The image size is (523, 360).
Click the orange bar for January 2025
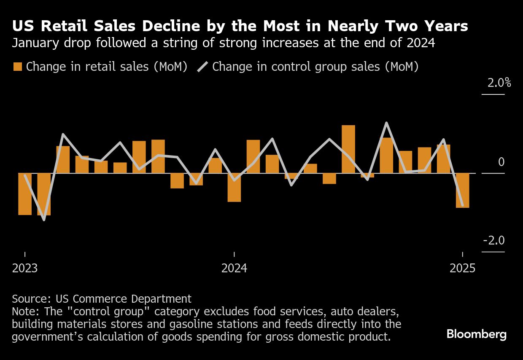462,190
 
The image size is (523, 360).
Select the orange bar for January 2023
25,194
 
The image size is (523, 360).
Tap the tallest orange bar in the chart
348,149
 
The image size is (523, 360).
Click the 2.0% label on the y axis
499,83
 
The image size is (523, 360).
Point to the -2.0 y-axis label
493,241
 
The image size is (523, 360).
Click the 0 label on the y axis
501,162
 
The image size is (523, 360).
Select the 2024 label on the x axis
234,268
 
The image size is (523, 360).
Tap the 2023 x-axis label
25,268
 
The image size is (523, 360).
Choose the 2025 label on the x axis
462,268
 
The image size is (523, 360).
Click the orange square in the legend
18,67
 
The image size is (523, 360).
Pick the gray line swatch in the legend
203,67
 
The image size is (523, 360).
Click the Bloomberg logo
476,335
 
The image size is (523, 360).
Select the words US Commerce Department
124,299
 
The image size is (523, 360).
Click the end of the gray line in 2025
462,206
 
